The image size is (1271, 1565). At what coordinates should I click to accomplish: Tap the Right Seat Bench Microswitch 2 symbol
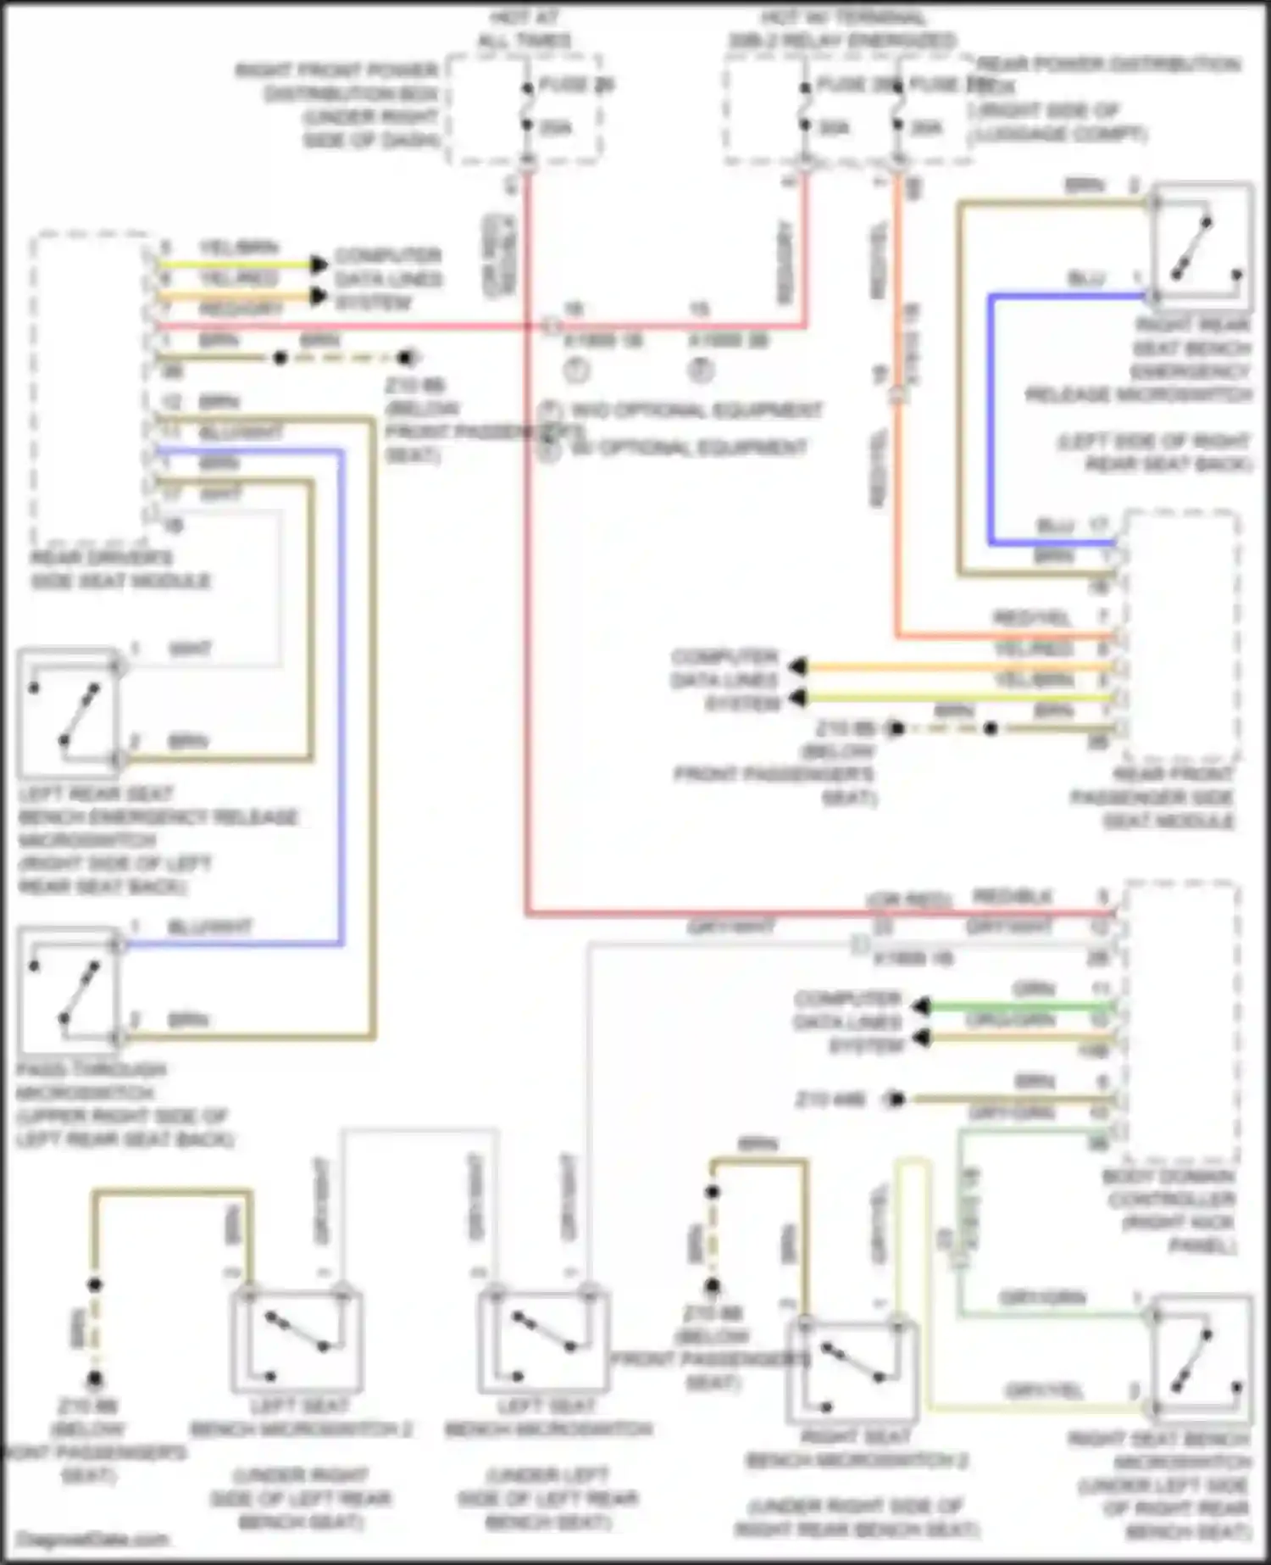[852, 1371]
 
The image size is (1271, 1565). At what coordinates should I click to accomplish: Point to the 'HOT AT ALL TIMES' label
[524, 29]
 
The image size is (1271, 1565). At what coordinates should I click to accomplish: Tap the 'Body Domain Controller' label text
[1168, 1211]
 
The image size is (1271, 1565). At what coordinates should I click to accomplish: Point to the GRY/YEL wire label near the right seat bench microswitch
[1043, 1390]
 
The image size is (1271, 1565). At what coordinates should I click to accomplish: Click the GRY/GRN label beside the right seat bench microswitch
[1041, 1298]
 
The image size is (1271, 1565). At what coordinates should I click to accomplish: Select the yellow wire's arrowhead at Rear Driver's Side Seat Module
[319, 264]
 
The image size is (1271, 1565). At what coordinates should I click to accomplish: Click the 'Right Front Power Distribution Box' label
[351, 105]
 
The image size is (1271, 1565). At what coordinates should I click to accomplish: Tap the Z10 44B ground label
[830, 1100]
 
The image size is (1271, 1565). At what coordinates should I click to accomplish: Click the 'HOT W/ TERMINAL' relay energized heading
[842, 29]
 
